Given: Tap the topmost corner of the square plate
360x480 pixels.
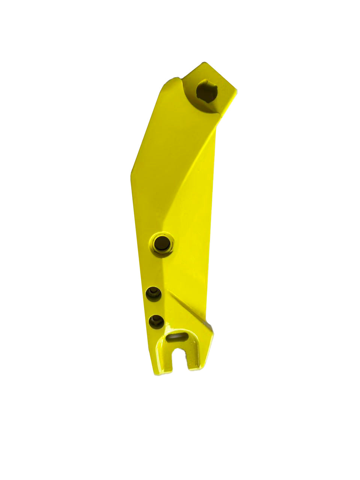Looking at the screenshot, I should click(205, 63).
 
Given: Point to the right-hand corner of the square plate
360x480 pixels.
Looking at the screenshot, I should click(236, 90).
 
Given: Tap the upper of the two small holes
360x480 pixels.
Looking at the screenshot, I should click(153, 293).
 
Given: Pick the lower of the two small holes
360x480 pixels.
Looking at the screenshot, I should click(156, 321).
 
